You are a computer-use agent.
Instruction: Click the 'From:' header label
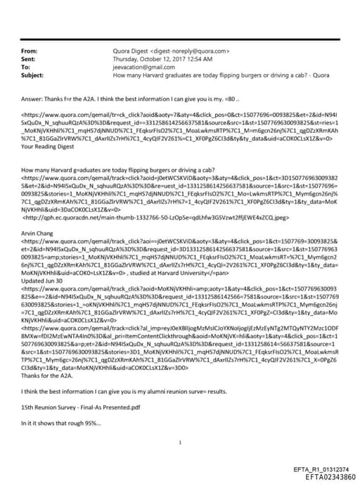coord(30,51)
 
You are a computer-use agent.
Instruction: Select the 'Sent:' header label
coord(29,59)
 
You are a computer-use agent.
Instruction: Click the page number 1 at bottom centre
coord(181,442)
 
